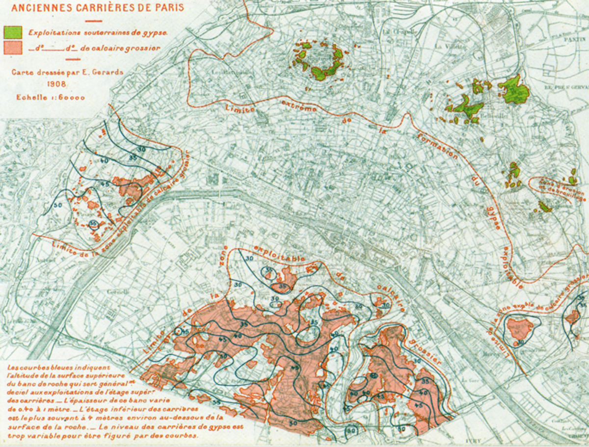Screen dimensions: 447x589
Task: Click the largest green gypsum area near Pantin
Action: pos(514,90)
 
